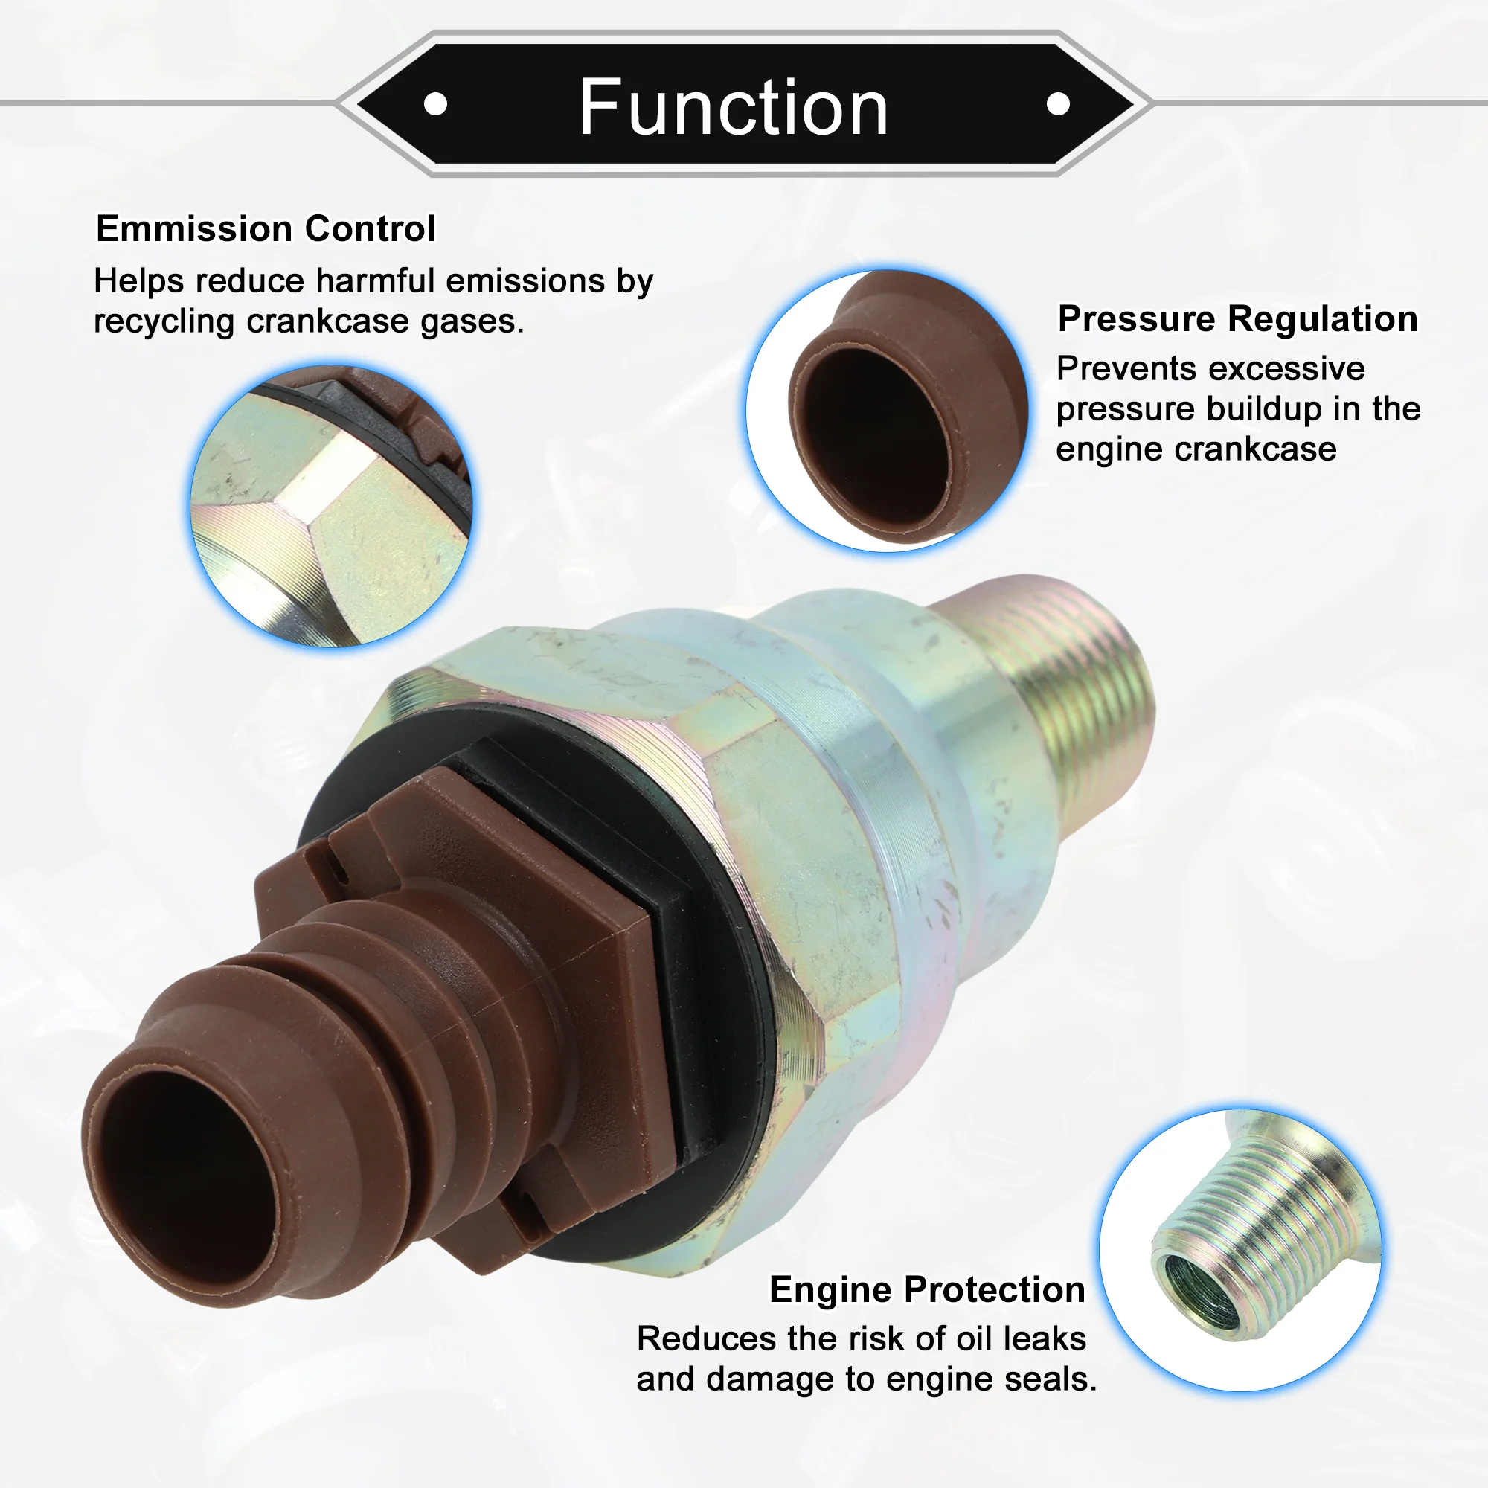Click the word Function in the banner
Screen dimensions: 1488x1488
[x=734, y=108]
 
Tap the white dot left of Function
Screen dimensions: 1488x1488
[x=436, y=104]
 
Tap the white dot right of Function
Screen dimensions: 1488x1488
[x=1058, y=104]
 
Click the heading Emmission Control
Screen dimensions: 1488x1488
[x=266, y=228]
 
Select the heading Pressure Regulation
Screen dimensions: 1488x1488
[x=1238, y=319]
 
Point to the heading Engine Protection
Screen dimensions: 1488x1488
[x=927, y=1290]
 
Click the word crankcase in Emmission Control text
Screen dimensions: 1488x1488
[x=328, y=321]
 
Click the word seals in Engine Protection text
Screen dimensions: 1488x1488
[x=1052, y=1379]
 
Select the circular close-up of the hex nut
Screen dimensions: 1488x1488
[x=332, y=506]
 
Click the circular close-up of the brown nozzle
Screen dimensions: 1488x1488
[x=887, y=411]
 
